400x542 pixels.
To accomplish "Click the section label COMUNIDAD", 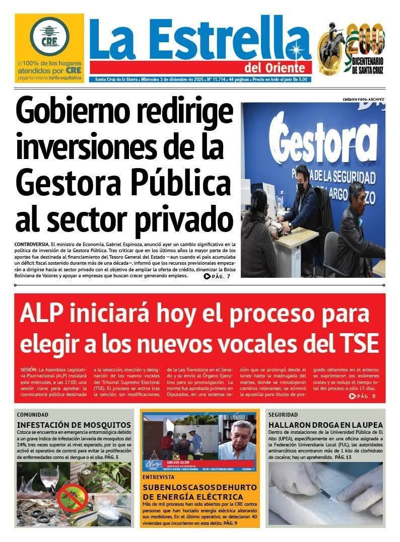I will point(33,415).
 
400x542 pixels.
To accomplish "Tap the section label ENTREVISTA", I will point(159,476).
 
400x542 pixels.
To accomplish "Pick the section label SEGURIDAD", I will point(284,415).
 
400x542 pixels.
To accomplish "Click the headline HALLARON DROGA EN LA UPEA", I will point(325,425).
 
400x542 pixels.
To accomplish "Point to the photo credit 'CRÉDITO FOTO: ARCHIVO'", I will point(363,100).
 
